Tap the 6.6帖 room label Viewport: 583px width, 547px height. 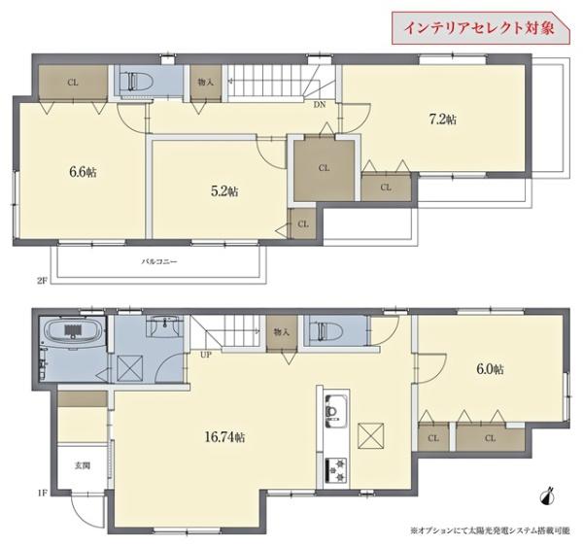[x=83, y=172]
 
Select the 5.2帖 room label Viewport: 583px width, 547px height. [x=223, y=191]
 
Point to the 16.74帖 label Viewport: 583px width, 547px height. [x=225, y=437]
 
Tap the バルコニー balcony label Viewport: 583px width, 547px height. [x=158, y=262]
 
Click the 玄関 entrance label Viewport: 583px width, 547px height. [x=83, y=466]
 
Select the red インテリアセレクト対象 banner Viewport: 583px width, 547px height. [x=480, y=26]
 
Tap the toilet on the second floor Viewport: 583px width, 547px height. [x=133, y=83]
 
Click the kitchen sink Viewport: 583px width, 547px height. [x=332, y=412]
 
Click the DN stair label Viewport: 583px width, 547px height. [x=319, y=104]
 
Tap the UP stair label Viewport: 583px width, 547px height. [x=206, y=355]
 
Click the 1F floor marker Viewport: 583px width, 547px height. [x=42, y=494]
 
